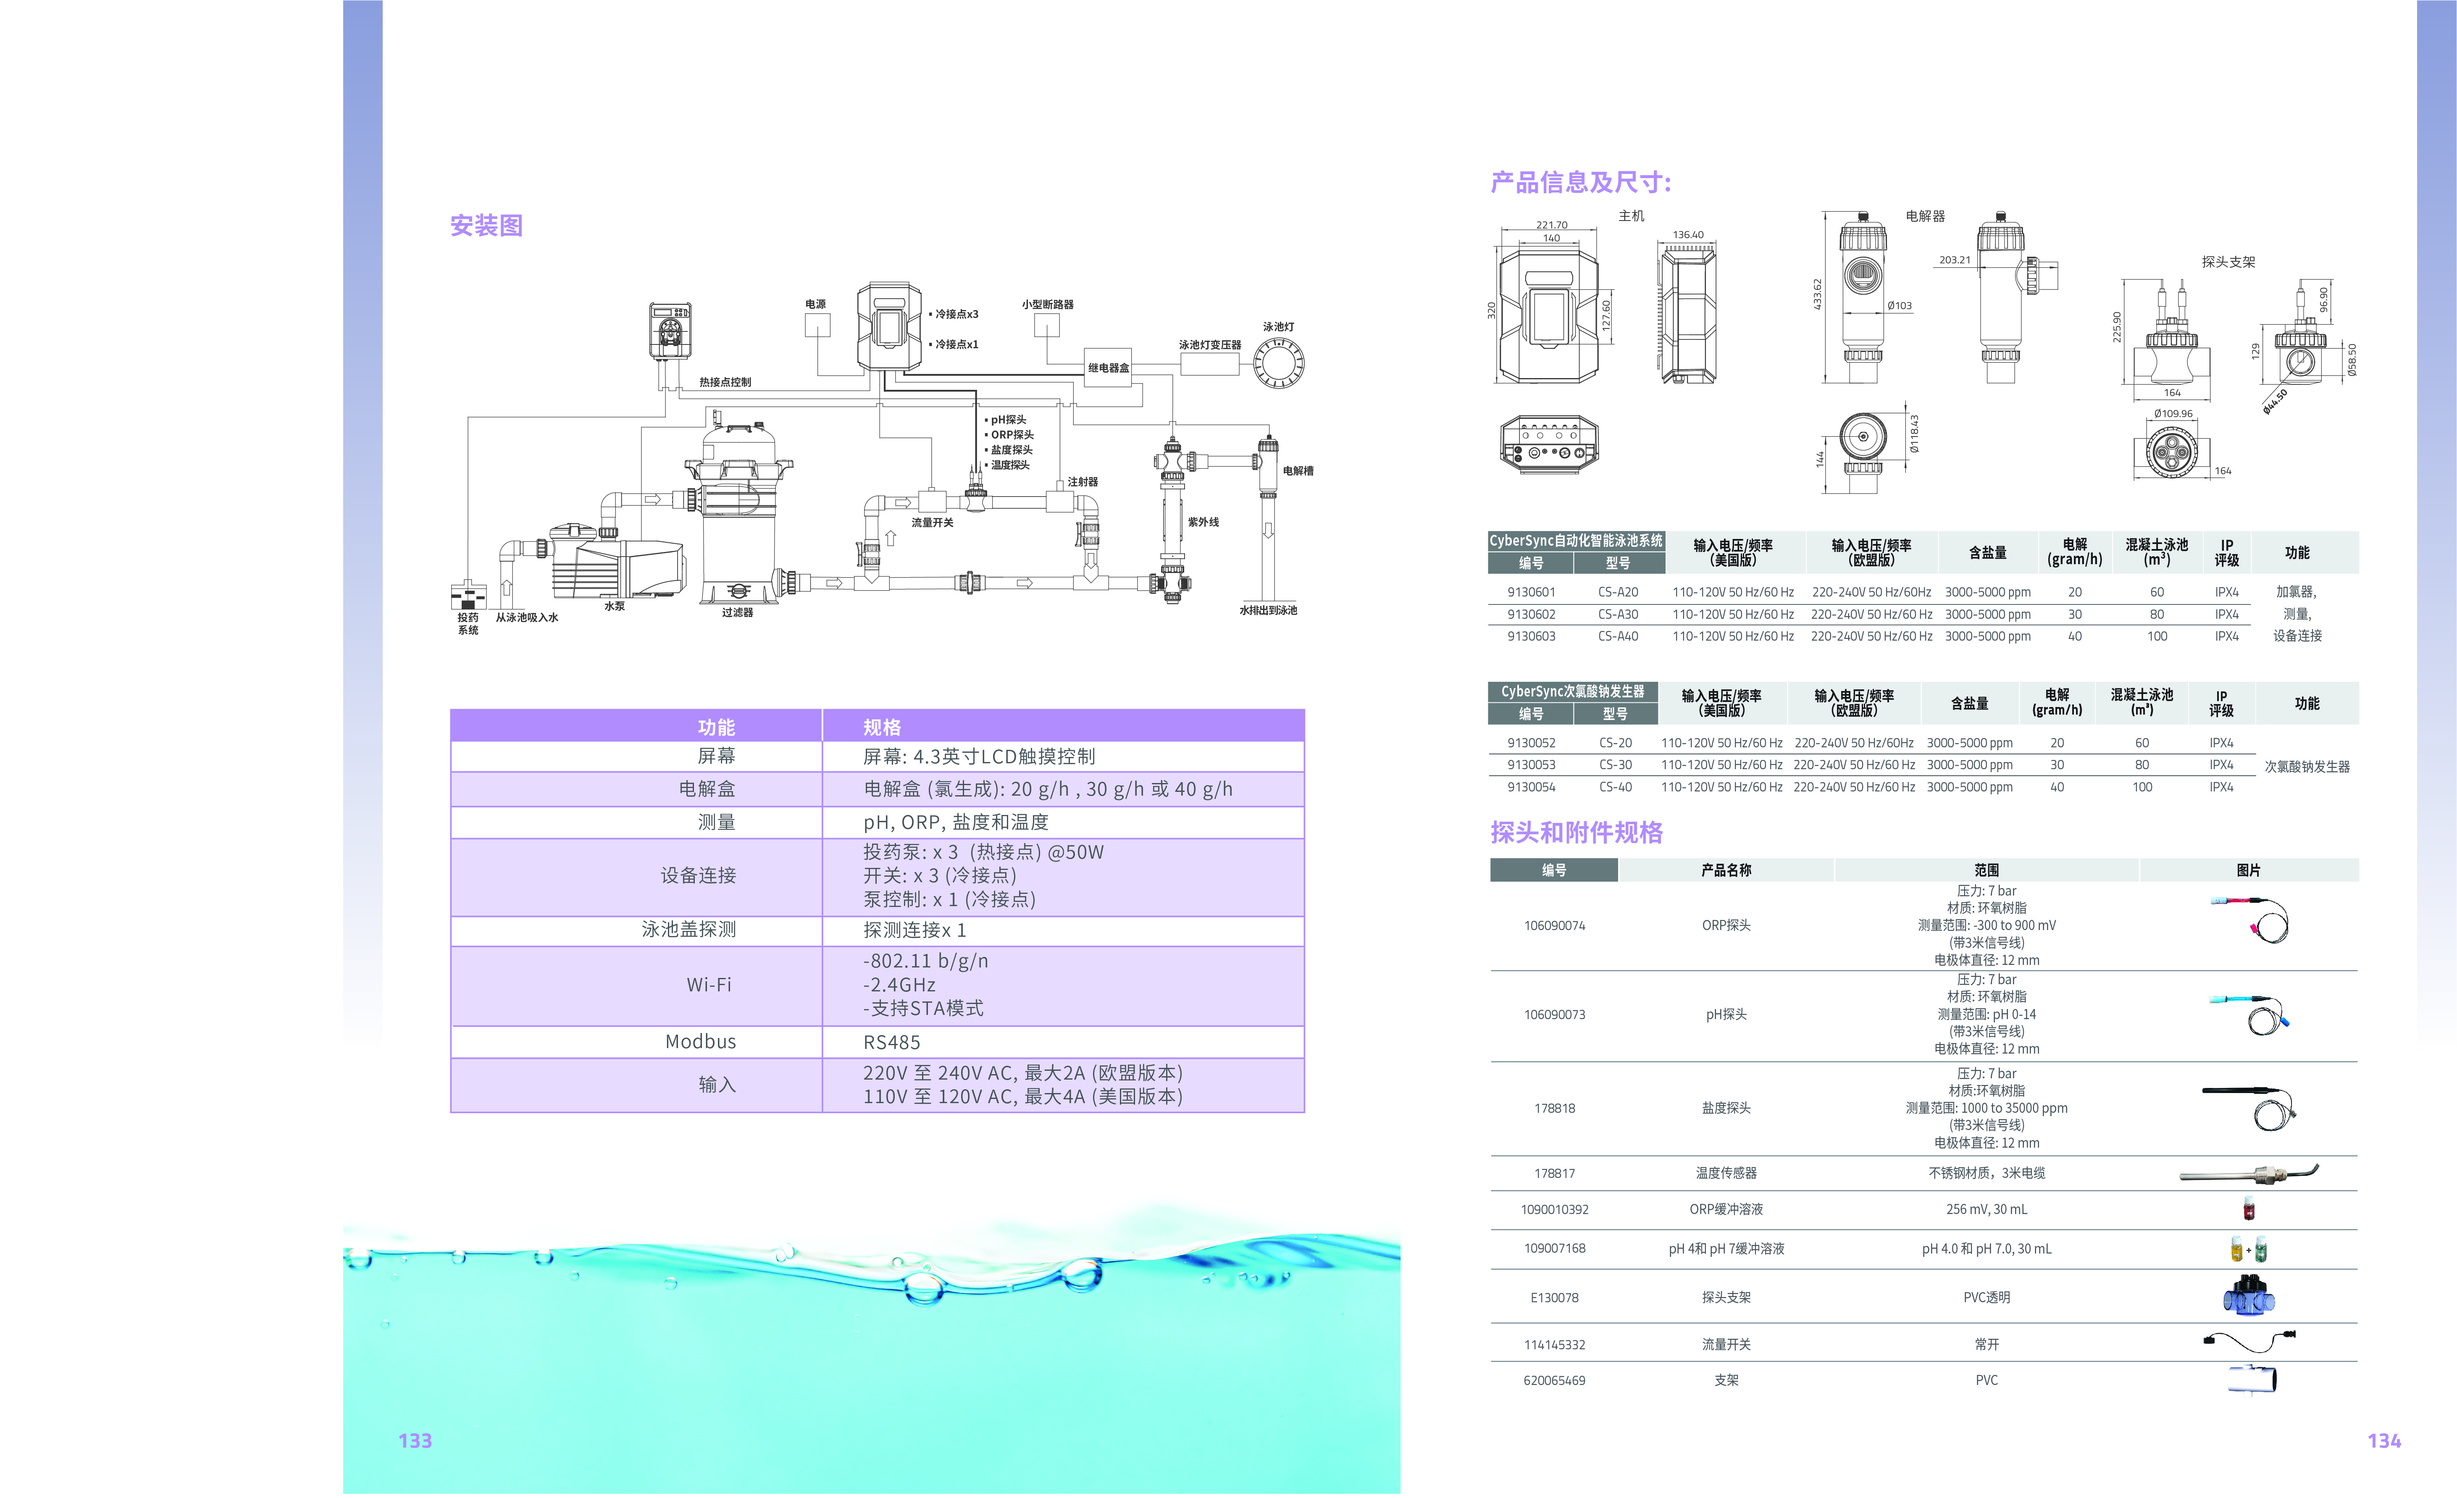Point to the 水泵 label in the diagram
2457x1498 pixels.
tap(614, 606)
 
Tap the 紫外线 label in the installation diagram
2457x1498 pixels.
tap(1203, 522)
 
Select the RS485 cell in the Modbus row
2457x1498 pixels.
tap(891, 1042)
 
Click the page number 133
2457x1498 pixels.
tap(415, 1440)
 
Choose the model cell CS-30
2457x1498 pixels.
tap(1616, 765)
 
